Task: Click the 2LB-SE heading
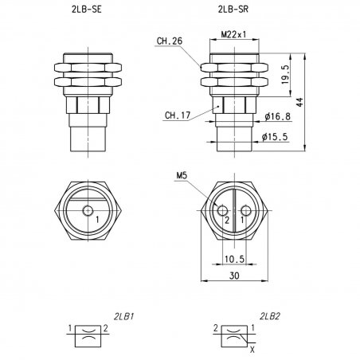87,10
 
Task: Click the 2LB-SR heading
233,10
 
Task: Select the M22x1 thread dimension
233,34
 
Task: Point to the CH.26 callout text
170,41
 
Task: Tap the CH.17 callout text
178,115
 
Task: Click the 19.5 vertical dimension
285,75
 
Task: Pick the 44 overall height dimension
299,102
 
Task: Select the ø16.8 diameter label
277,116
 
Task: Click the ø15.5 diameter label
275,137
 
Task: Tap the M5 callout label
182,175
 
